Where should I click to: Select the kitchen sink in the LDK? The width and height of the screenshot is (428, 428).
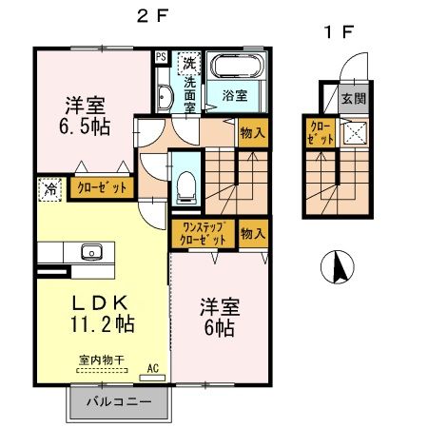[x=91, y=252]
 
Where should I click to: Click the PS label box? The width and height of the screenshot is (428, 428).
[x=160, y=56]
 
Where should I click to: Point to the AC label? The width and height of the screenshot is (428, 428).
[x=153, y=366]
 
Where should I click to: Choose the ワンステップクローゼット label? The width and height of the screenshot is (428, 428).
[x=204, y=234]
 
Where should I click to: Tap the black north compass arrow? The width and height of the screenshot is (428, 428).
[x=337, y=267]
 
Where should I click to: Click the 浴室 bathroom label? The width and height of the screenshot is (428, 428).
[x=234, y=95]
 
